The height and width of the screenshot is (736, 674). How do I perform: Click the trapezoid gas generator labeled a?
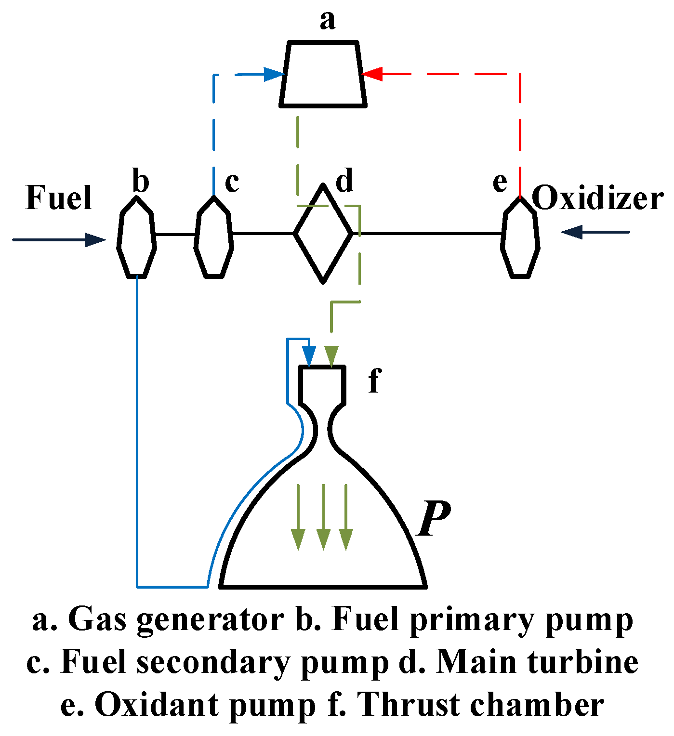click(323, 74)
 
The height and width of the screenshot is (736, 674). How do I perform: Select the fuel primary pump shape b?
click(137, 236)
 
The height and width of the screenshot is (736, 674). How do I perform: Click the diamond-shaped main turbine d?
click(323, 234)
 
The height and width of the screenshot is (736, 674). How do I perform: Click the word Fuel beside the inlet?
click(58, 198)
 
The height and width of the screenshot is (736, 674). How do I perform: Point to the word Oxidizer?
click(597, 198)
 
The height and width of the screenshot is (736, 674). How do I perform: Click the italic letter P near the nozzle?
click(434, 519)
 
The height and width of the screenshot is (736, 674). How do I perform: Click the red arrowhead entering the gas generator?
click(372, 74)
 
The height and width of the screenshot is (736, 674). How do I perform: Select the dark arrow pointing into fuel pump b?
click(94, 239)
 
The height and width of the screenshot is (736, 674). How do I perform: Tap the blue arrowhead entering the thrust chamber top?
click(309, 356)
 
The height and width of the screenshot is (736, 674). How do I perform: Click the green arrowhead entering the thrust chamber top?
click(331, 356)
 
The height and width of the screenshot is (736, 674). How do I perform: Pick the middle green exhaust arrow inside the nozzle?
click(323, 539)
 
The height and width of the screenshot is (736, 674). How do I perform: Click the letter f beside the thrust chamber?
click(374, 380)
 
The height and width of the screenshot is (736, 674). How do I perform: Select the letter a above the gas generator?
click(327, 21)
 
